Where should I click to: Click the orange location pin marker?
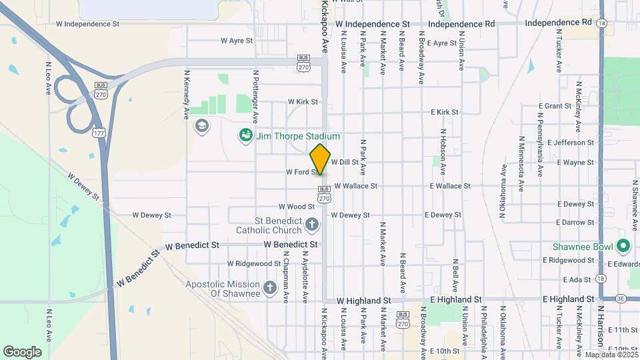(x=320, y=159)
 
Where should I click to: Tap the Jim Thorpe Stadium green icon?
(x=245, y=136)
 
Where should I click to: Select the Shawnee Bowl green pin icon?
(x=624, y=247)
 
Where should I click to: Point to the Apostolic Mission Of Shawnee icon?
(x=269, y=288)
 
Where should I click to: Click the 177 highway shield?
(x=99, y=133)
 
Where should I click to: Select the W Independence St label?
(x=87, y=24)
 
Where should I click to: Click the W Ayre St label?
(x=237, y=41)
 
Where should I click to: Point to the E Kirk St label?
(x=445, y=112)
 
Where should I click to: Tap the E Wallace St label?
(x=450, y=186)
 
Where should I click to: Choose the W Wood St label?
(x=296, y=207)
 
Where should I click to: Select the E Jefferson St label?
(x=570, y=143)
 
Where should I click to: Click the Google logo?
(x=22, y=351)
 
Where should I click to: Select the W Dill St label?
(x=345, y=162)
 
